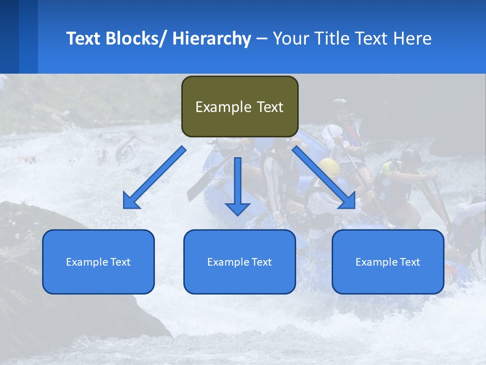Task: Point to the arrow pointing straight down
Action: pos(237,182)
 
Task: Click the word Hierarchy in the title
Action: pos(212,39)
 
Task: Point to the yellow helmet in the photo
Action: pos(329,167)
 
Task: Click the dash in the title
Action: pos(262,39)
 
